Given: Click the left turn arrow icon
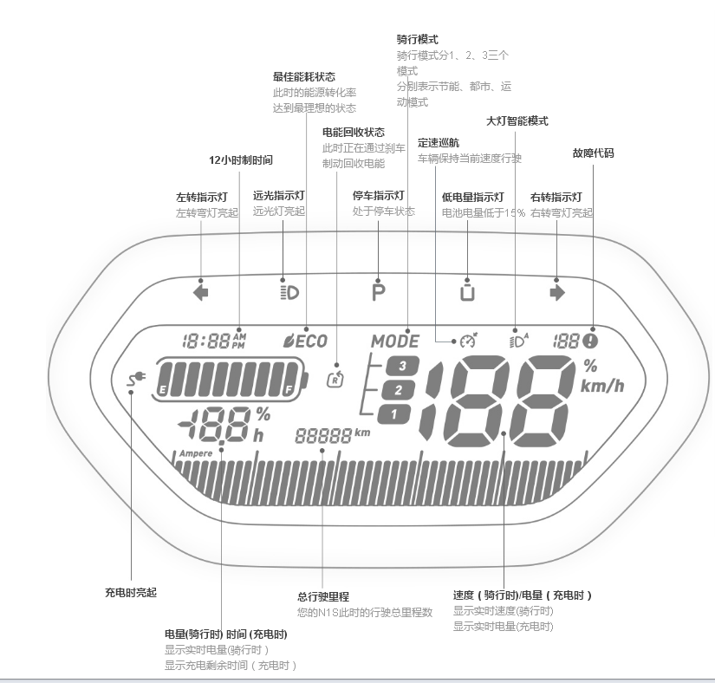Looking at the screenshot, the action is (x=201, y=293).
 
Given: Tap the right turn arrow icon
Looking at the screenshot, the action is (x=557, y=293).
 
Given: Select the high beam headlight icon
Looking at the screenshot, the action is (x=289, y=293).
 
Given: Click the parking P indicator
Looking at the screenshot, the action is (x=379, y=293).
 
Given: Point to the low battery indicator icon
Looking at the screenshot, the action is (x=467, y=292).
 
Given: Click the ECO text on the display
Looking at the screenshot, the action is (x=312, y=341).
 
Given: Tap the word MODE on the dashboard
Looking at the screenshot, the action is (x=395, y=341).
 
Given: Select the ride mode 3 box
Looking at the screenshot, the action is (x=401, y=366).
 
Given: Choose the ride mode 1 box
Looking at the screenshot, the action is (x=394, y=414).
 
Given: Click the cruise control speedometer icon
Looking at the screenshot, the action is (x=468, y=341).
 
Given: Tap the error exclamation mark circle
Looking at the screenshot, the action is (x=590, y=341).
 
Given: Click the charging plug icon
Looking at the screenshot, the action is (x=136, y=378).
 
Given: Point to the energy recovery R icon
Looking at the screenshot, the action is (x=335, y=380).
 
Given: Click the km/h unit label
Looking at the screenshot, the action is (x=602, y=387).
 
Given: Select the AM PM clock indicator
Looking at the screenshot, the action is (x=239, y=341).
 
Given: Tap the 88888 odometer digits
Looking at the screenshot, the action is (x=323, y=436).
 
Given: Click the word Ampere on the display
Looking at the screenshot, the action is (x=196, y=453).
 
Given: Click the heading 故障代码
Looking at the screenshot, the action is (x=594, y=153).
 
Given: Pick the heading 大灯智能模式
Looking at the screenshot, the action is (x=517, y=121).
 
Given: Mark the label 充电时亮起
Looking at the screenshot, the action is (x=131, y=593).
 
